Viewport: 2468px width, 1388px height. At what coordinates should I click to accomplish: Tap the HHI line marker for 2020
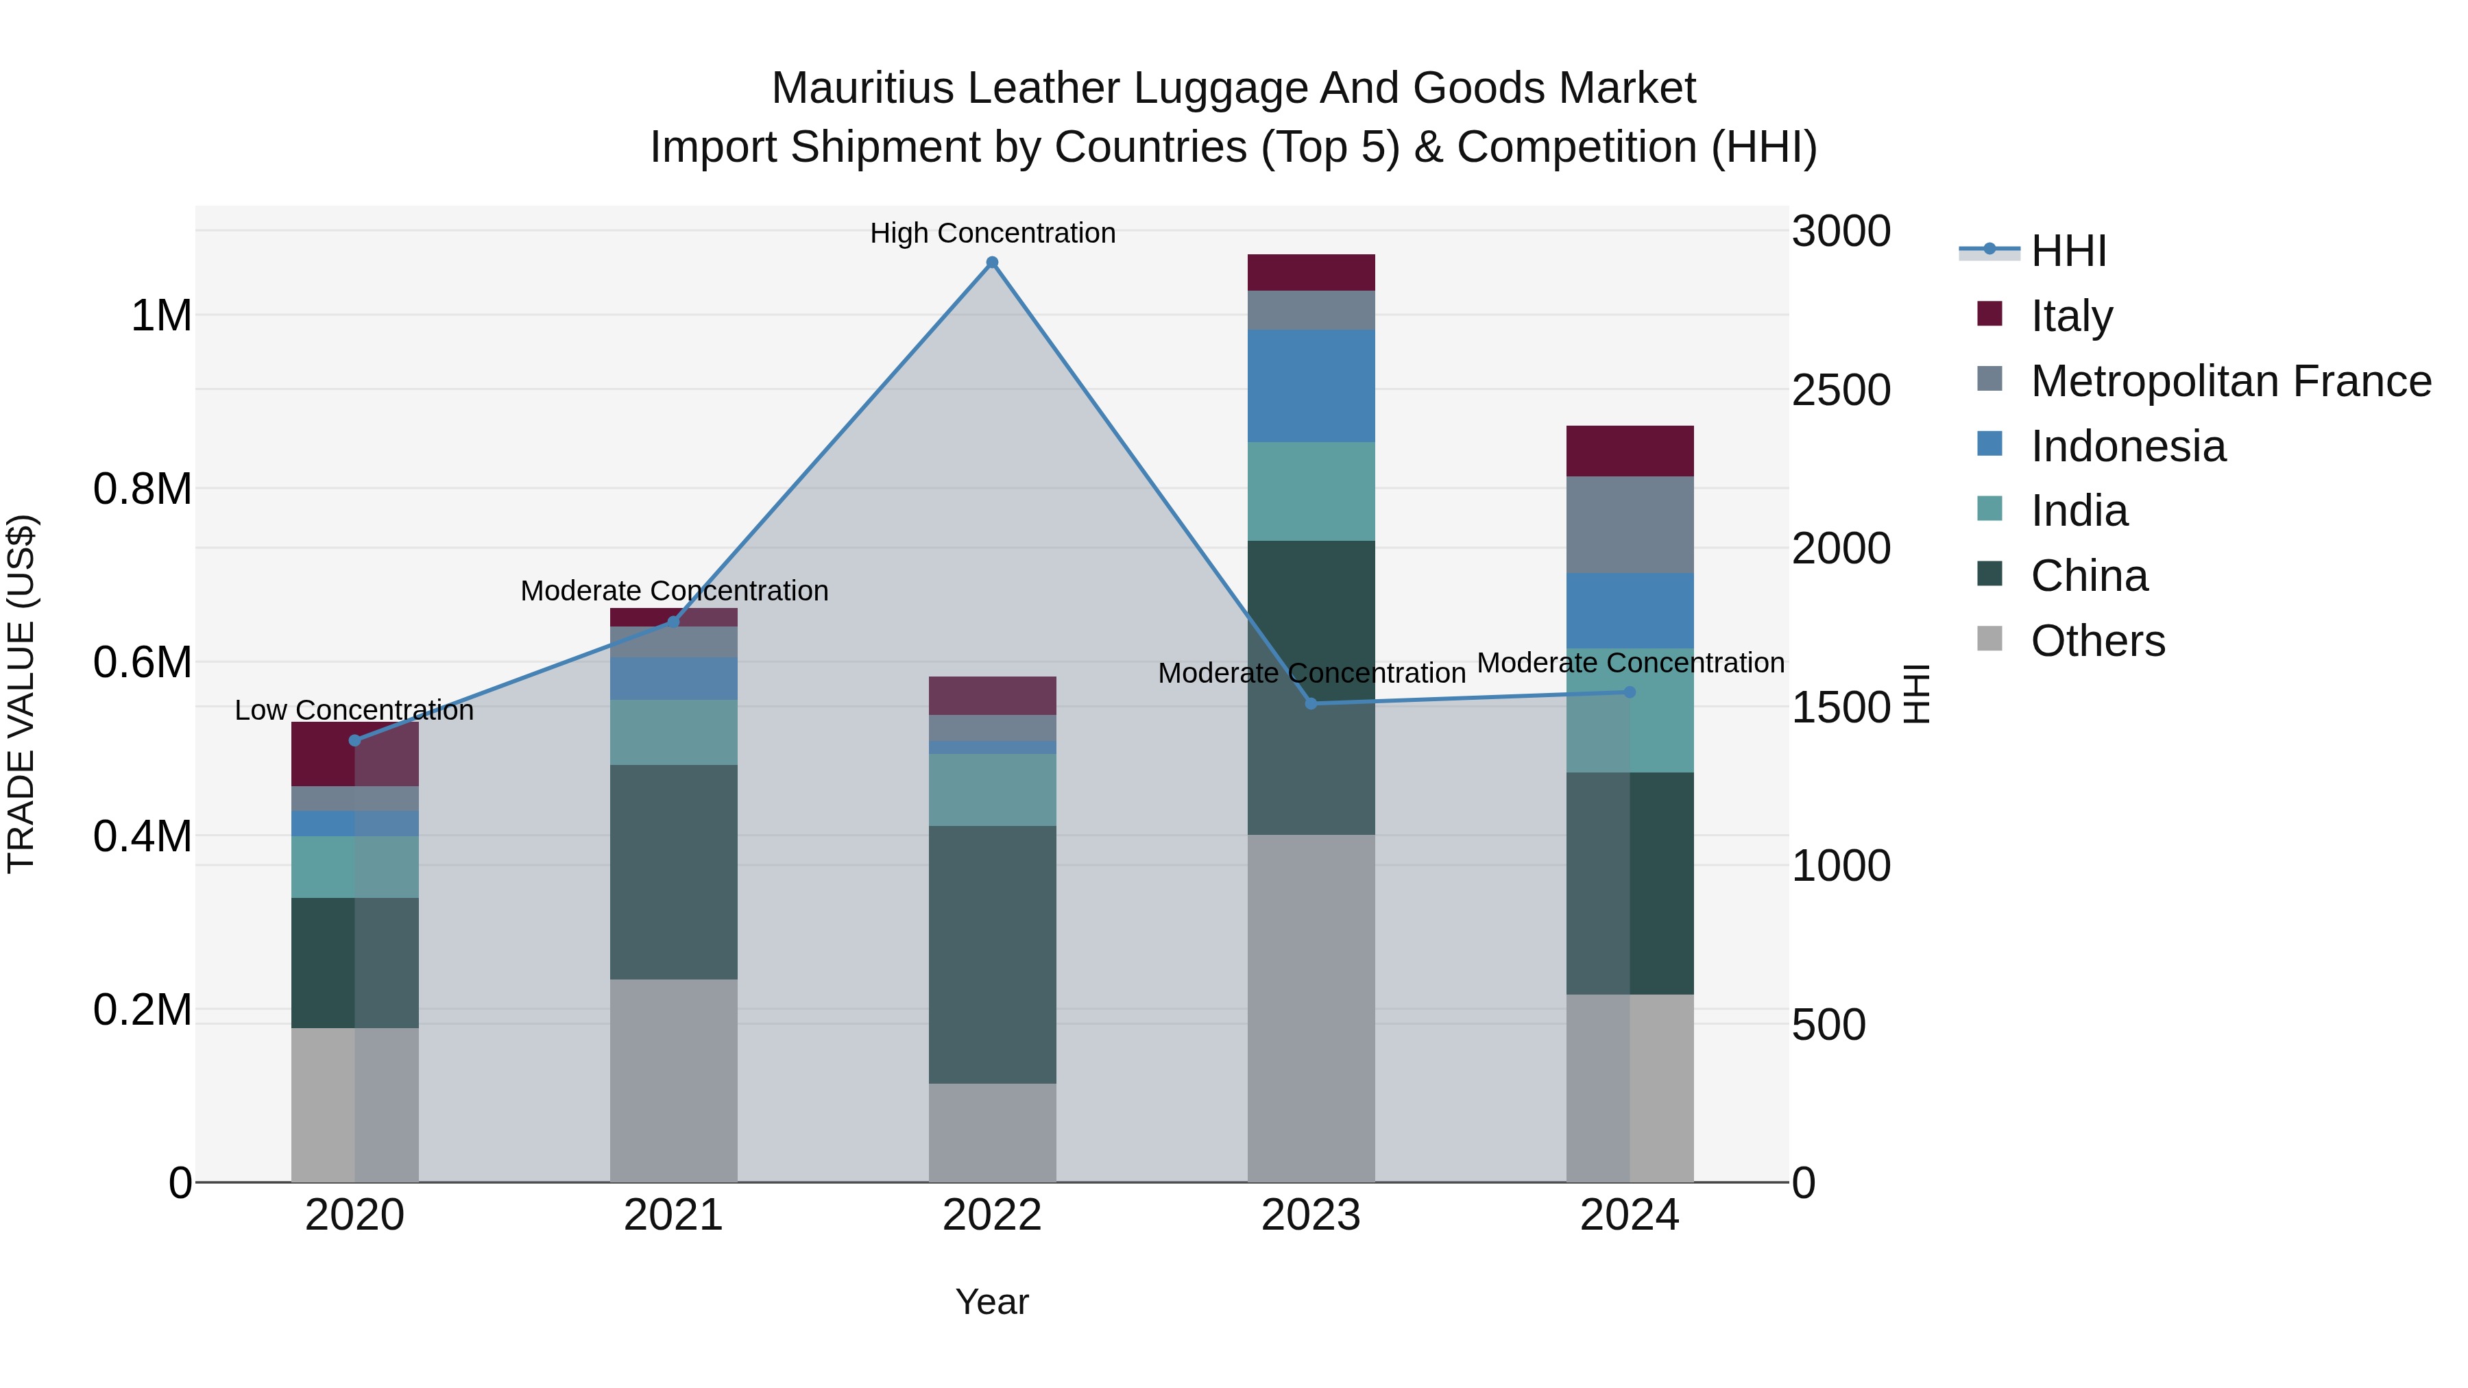(354, 740)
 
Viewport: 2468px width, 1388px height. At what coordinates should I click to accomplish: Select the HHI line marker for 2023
(1311, 704)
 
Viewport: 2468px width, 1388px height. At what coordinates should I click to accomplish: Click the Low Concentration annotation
(354, 710)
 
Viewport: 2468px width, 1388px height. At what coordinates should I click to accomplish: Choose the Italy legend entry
(2071, 315)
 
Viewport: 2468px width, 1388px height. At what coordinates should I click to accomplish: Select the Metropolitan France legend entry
(2230, 380)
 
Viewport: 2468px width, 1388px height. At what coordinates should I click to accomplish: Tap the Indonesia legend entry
(2128, 446)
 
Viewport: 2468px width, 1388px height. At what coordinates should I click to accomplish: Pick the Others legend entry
(2097, 640)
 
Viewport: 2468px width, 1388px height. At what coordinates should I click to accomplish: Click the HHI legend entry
(2068, 250)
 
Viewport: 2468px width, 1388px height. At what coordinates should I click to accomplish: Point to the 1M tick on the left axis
(161, 315)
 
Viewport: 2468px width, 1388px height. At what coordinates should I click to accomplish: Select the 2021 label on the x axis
(673, 1215)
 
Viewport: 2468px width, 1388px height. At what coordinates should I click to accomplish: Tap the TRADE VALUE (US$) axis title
(21, 694)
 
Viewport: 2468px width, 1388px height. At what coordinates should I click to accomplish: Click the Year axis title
(991, 1302)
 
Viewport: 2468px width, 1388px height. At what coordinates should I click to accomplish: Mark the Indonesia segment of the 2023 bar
(1311, 385)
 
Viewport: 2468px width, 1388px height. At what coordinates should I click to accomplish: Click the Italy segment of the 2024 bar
(1629, 450)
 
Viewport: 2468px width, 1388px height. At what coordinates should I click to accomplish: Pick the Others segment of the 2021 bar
(673, 1080)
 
